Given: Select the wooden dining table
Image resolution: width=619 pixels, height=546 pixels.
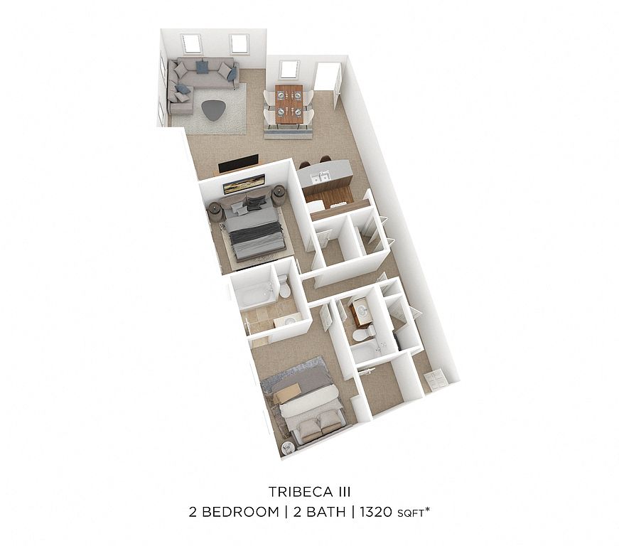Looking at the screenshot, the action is [x=289, y=106].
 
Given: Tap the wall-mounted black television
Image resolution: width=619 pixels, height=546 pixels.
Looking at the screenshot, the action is [x=239, y=164].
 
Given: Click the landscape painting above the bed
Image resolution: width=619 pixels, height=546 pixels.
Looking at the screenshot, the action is [x=244, y=184].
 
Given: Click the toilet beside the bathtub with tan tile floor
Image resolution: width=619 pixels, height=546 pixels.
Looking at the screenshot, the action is [x=284, y=287].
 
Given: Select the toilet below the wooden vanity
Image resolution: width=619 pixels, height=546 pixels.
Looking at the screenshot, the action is [x=363, y=334].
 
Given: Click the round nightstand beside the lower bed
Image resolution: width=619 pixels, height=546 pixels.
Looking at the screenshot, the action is [x=289, y=449].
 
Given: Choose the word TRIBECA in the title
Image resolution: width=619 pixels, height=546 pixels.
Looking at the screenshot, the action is [x=300, y=492].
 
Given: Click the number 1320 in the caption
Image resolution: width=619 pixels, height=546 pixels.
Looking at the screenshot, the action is [x=376, y=512].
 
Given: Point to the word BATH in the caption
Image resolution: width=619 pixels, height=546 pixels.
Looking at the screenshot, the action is [x=319, y=512].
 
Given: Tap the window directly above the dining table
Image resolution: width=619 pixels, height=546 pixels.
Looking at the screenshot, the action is [x=289, y=70].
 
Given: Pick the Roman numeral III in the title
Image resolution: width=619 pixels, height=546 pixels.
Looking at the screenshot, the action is [x=344, y=492].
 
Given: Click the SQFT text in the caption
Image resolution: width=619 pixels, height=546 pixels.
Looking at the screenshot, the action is [x=411, y=513].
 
